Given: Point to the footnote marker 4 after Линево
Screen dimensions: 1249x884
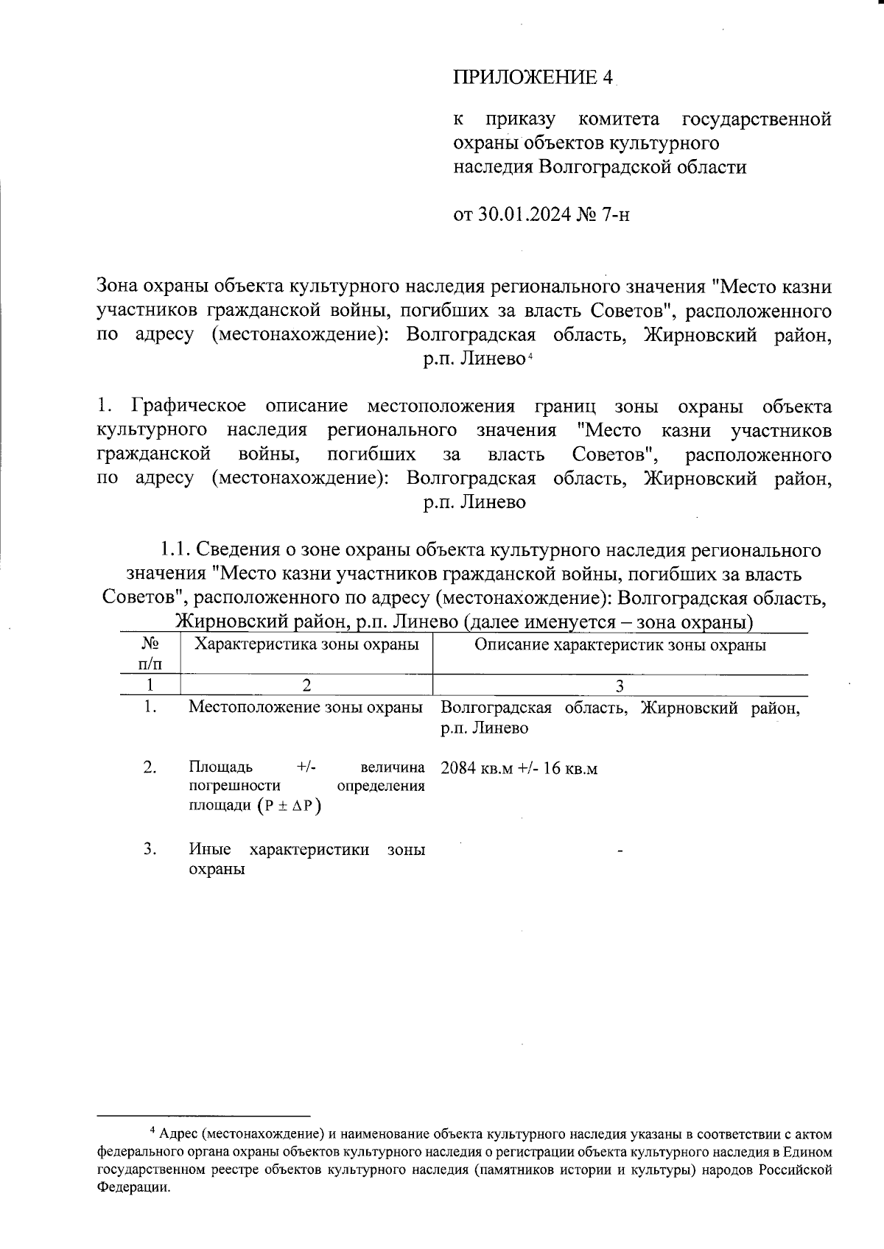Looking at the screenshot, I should tap(529, 356).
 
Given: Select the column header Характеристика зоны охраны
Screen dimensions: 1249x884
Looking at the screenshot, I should tap(306, 644).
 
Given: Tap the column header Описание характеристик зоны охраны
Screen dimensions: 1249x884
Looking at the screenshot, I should tap(620, 645).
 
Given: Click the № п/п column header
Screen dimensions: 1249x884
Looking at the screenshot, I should tap(150, 652).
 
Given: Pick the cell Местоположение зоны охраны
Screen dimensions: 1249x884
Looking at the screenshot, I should tap(306, 708).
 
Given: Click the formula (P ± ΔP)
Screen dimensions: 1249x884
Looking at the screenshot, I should tap(290, 806).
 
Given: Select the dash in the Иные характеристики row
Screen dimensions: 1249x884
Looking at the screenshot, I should tap(620, 852).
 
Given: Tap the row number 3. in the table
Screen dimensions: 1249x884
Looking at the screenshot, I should tap(150, 849).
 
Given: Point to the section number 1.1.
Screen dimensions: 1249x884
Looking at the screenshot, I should tap(176, 550).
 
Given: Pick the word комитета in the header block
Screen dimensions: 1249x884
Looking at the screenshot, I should tap(619, 119).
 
